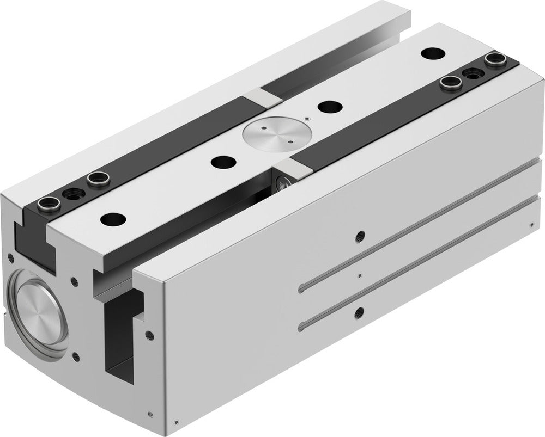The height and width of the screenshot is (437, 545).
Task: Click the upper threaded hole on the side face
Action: point(359,236)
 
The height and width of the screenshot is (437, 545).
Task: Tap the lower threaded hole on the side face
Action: point(359,312)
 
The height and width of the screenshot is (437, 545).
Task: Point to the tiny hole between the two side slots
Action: point(359,275)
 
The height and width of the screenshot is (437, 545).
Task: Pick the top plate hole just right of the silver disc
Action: point(328,107)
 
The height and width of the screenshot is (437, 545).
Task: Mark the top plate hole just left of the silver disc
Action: point(221,162)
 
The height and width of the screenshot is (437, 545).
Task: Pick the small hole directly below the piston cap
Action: point(76,357)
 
